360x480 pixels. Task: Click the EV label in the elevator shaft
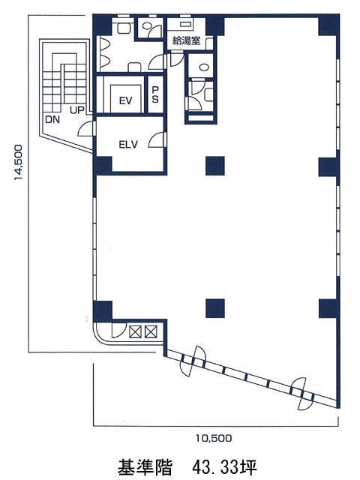pyautogui.click(x=125, y=100)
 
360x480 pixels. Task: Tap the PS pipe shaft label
pyautogui.click(x=155, y=94)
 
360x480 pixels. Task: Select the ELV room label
pyautogui.click(x=128, y=144)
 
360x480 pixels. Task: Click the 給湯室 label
pyautogui.click(x=187, y=40)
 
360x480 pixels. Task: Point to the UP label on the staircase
pyautogui.click(x=76, y=110)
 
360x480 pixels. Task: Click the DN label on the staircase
pyautogui.click(x=52, y=119)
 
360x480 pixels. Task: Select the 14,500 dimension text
pyautogui.click(x=19, y=162)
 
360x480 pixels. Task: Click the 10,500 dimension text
pyautogui.click(x=214, y=438)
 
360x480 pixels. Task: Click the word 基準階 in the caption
pyautogui.click(x=145, y=467)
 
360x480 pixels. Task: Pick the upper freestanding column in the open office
pyautogui.click(x=215, y=166)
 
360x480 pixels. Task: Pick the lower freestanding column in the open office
pyautogui.click(x=215, y=308)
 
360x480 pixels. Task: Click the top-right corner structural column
pyautogui.click(x=328, y=25)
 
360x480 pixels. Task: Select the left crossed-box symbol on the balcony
pyautogui.click(x=135, y=331)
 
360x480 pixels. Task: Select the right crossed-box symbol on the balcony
pyautogui.click(x=151, y=331)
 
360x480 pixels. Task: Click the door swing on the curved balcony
pyautogui.click(x=119, y=330)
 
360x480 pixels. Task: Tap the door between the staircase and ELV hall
pyautogui.click(x=87, y=128)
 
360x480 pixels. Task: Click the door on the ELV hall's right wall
pyautogui.click(x=157, y=140)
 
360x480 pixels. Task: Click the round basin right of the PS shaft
pyautogui.click(x=202, y=67)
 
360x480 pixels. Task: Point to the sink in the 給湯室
pyautogui.click(x=184, y=24)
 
